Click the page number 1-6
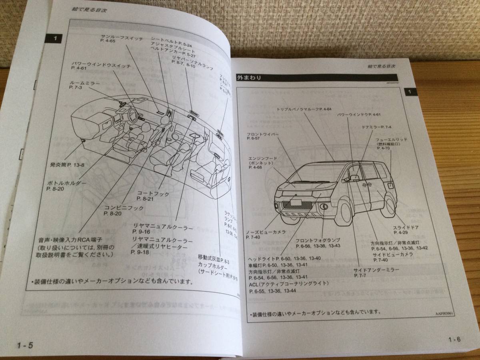[x=455, y=340]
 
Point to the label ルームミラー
[x=82, y=82]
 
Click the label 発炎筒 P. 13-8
[x=68, y=165]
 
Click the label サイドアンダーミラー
[x=376, y=270]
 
